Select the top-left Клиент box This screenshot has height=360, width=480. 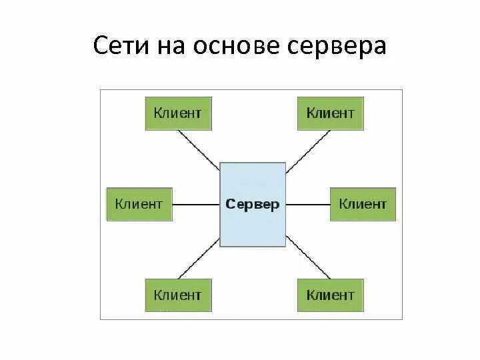tap(178, 113)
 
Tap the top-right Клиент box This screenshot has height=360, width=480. tap(330, 113)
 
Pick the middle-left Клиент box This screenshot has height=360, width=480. tap(139, 204)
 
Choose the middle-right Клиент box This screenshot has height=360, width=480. tap(363, 204)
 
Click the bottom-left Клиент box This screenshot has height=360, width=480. tap(178, 295)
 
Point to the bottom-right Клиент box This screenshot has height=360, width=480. tap(330, 295)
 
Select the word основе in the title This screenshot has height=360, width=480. tap(237, 46)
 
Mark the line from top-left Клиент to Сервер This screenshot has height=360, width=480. tap(199, 146)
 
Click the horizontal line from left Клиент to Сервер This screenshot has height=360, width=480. tap(196, 204)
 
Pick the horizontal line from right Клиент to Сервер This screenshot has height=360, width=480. tap(308, 204)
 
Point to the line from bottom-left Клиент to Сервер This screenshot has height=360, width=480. tap(199, 262)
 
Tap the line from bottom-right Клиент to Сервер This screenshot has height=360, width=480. tap(307, 261)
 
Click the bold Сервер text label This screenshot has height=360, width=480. tap(253, 205)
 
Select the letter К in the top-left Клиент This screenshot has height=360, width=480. tap(158, 113)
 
